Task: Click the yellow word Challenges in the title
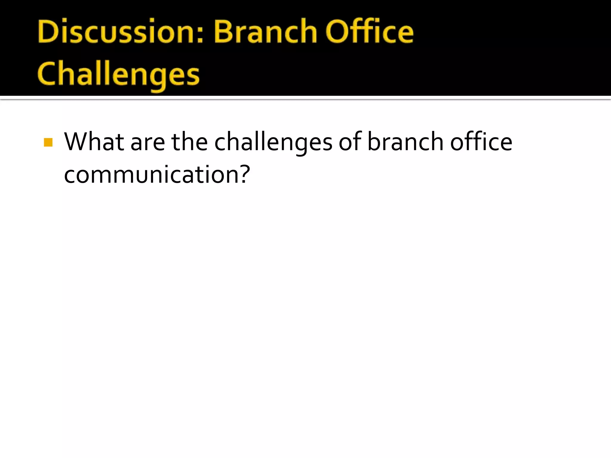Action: pyautogui.click(x=118, y=75)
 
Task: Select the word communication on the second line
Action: pyautogui.click(x=151, y=175)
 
